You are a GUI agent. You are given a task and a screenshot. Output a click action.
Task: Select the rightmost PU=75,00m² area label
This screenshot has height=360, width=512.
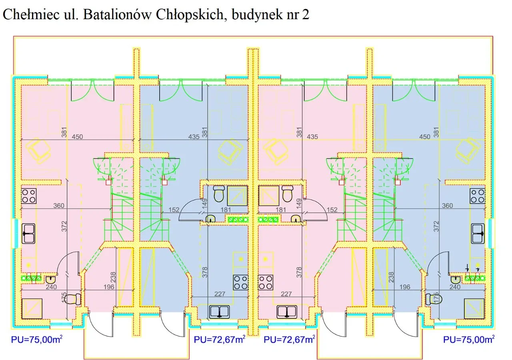click(x=468, y=340)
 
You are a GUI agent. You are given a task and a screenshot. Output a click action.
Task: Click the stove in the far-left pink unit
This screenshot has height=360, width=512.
click(x=28, y=196)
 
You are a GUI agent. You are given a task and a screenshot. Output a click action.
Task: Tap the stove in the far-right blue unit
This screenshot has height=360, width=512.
click(x=478, y=196)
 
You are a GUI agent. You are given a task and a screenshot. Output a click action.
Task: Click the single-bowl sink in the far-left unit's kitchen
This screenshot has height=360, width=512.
click(x=29, y=234)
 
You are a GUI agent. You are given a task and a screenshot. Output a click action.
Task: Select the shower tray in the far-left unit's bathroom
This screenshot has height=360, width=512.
click(x=32, y=308)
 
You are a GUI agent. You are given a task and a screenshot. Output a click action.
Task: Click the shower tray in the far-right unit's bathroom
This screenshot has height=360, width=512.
click(x=474, y=308)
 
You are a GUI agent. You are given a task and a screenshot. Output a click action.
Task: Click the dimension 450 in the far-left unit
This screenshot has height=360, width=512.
click(x=77, y=137)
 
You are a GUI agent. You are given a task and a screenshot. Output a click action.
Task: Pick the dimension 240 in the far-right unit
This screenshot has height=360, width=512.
click(x=455, y=287)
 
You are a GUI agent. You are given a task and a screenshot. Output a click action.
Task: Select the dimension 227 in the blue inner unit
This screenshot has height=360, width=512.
click(x=220, y=294)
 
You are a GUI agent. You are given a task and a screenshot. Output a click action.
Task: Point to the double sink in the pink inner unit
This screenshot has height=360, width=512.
click(x=286, y=312)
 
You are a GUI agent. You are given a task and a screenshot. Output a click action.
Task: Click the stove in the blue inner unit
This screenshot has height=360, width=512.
click(x=241, y=282)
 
